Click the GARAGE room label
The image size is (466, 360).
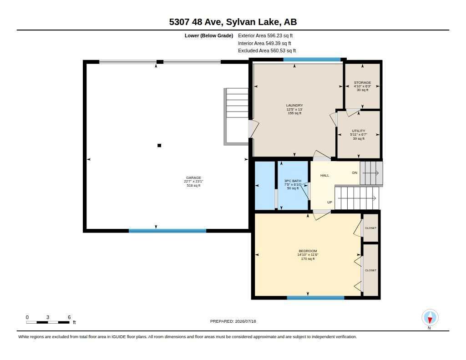click(x=193, y=178)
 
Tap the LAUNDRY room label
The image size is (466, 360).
click(x=294, y=105)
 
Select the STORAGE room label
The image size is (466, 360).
click(x=362, y=82)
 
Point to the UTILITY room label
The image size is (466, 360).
click(x=359, y=131)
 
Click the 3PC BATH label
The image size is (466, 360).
click(x=293, y=181)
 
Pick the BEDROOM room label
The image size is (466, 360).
click(x=308, y=251)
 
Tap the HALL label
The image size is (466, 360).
click(x=324, y=175)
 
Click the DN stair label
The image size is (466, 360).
click(x=355, y=172)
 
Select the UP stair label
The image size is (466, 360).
click(x=329, y=202)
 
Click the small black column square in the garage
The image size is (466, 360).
click(x=159, y=145)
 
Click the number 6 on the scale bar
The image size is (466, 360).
click(x=69, y=317)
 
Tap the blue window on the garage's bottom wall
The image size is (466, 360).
click(x=167, y=231)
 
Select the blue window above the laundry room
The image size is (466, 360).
click(x=312, y=60)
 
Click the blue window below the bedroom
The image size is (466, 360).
click(x=316, y=298)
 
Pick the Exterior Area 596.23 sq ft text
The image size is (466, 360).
click(x=265, y=35)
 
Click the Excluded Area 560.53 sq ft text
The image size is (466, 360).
click(x=267, y=51)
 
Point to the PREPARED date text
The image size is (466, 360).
click(x=233, y=321)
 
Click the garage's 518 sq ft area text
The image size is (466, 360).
click(x=193, y=186)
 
